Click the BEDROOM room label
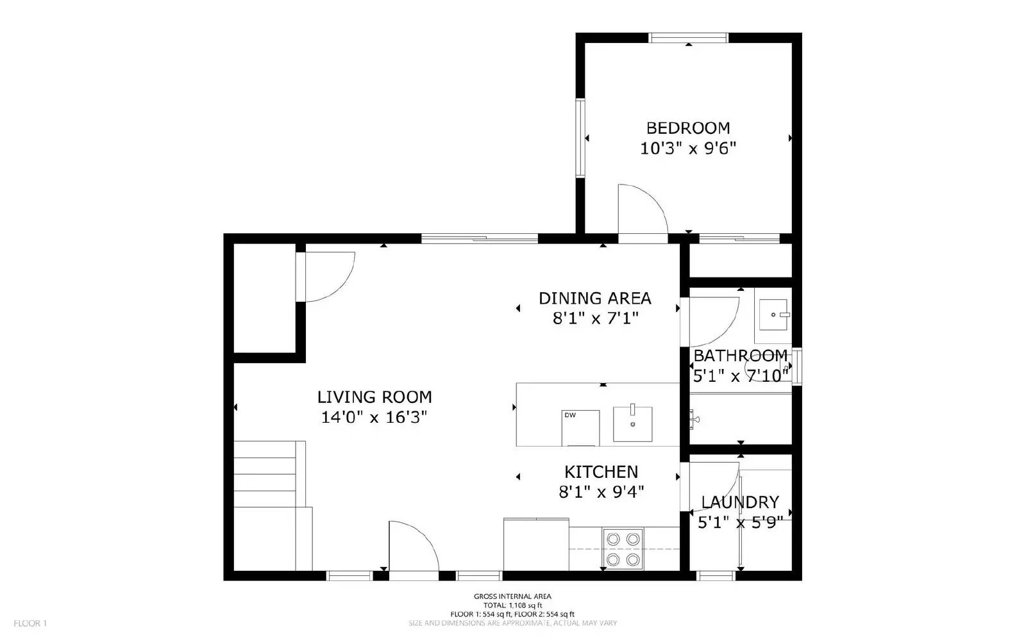coord(688,128)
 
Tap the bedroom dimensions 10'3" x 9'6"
coord(688,149)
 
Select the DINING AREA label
coord(594,299)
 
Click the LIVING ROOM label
coord(374,397)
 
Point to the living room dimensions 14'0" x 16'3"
coord(374,418)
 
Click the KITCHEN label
coord(601,472)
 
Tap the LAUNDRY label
coord(740,502)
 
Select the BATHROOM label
coord(741,356)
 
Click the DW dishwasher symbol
coord(580,427)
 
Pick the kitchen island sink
coord(632,423)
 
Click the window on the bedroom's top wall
coord(689,38)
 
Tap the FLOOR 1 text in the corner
coord(30,623)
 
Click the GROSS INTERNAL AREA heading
coord(512,596)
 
